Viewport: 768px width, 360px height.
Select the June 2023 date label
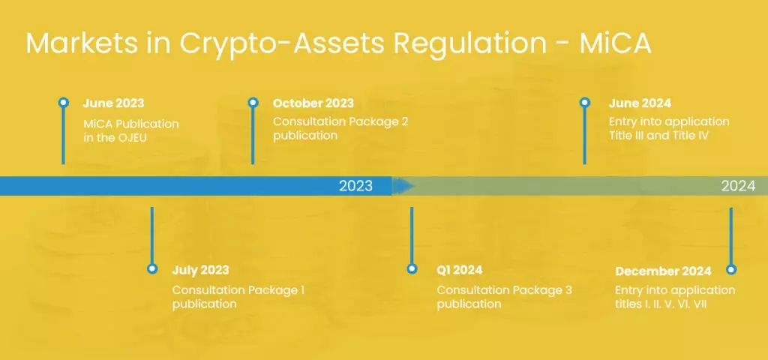[113, 103]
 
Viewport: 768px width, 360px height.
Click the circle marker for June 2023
[64, 103]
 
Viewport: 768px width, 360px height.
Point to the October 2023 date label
[313, 103]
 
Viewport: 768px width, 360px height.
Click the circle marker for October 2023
[253, 103]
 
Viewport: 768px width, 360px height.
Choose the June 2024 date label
[641, 103]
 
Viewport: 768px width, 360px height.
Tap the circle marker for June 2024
[585, 103]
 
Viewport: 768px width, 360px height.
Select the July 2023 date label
[200, 270]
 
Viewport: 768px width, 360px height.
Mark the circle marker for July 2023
[152, 268]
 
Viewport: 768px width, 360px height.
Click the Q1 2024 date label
[459, 270]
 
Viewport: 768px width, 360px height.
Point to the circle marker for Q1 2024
[411, 268]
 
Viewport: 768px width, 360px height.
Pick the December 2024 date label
[663, 271]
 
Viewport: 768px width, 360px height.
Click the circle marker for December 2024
[731, 269]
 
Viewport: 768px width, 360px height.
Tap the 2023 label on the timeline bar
[355, 186]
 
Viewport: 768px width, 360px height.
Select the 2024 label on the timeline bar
[738, 186]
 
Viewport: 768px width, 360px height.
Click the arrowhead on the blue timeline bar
[403, 185]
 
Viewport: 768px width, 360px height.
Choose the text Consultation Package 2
[340, 121]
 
